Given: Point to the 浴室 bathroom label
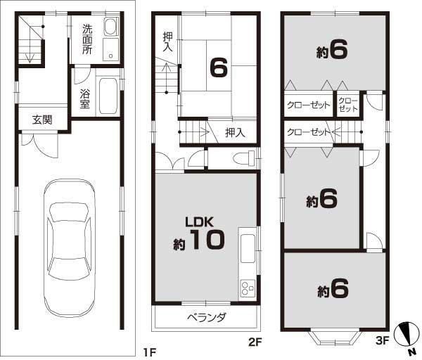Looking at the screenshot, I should (84, 98).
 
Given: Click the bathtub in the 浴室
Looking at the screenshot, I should (108, 96).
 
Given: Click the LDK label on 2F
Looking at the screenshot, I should (199, 221).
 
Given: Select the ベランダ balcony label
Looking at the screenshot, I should (207, 317).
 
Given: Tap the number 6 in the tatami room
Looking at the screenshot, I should (217, 67).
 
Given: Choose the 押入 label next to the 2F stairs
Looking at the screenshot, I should (235, 132).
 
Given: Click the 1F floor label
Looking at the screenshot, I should (148, 351).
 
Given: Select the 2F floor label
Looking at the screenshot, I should (254, 343).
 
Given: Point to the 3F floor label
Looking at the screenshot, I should (383, 343).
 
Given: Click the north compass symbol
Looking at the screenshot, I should (407, 336).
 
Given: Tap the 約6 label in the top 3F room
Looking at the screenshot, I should (333, 52).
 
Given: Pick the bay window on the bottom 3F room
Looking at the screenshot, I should (335, 336).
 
